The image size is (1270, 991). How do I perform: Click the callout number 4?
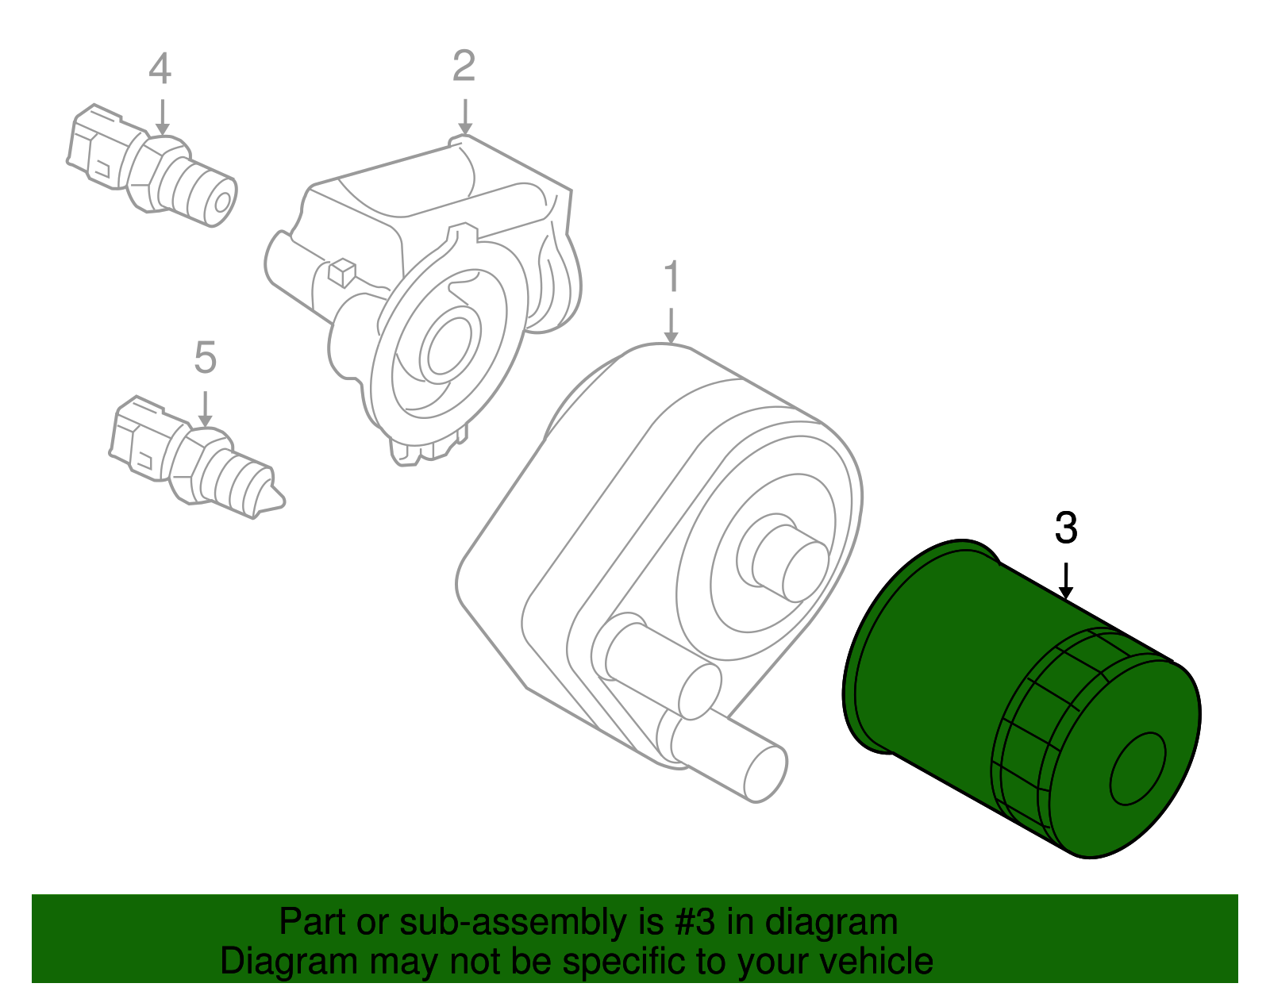160,69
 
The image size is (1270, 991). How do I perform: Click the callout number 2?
464,66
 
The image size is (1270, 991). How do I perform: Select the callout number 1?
672,276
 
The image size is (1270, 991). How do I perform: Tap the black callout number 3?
1066,528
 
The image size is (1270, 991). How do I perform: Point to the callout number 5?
205,358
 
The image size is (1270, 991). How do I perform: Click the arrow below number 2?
465,117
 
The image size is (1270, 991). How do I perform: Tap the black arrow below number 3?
1066,580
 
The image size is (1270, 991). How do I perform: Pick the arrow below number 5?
205,409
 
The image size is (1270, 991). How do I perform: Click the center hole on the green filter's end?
1137,769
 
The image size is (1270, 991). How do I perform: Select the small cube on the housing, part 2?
341,272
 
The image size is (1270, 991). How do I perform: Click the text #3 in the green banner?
695,923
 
